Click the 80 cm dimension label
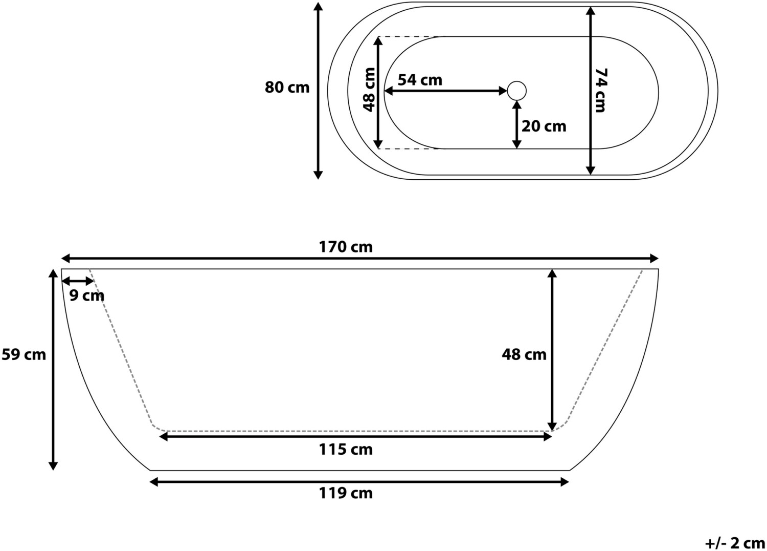pyautogui.click(x=287, y=88)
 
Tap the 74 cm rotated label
pyautogui.click(x=600, y=91)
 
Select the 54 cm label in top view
pyautogui.click(x=420, y=80)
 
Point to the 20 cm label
pyautogui.click(x=544, y=126)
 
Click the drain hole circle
pyautogui.click(x=516, y=91)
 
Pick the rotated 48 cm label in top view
pyautogui.click(x=369, y=90)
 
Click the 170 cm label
pyautogui.click(x=346, y=247)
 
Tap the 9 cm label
pyautogui.click(x=86, y=295)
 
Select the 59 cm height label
pyautogui.click(x=24, y=354)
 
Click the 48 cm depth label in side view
pyautogui.click(x=524, y=354)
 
